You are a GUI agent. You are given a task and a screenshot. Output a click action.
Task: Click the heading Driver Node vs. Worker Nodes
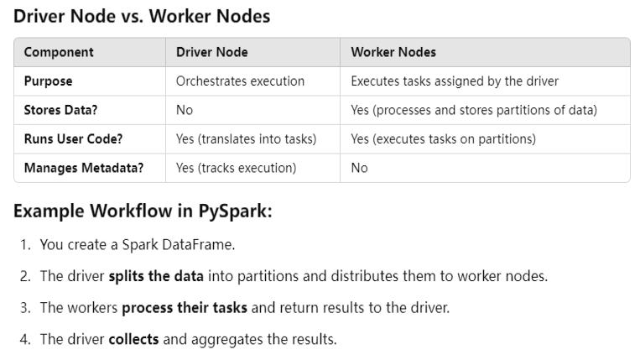coord(142,17)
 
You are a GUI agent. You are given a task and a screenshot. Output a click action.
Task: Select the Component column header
coord(59,52)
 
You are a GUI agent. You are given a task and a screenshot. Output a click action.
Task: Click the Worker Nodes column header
coord(393,52)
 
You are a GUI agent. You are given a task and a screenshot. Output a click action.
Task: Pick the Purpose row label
coord(48,81)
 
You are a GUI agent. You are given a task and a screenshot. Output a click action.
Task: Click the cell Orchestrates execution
coord(240,81)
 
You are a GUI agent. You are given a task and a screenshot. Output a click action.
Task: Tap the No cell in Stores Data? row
coord(185,110)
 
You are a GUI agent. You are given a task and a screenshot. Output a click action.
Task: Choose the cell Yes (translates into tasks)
coord(246,138)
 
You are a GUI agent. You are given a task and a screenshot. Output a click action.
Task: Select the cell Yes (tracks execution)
coord(236,167)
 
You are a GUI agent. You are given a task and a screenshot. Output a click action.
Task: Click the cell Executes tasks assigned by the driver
coord(454,81)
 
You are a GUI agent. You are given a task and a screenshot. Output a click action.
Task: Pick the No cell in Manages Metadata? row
coord(360,167)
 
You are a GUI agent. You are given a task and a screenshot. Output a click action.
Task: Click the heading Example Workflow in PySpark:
coord(143,211)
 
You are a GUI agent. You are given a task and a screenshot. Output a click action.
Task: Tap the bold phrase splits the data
coord(152,276)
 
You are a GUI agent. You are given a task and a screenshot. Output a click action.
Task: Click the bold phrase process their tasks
coord(185,307)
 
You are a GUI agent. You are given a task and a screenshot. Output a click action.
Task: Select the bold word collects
coord(133,338)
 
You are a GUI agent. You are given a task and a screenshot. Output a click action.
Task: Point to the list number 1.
coord(25,246)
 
